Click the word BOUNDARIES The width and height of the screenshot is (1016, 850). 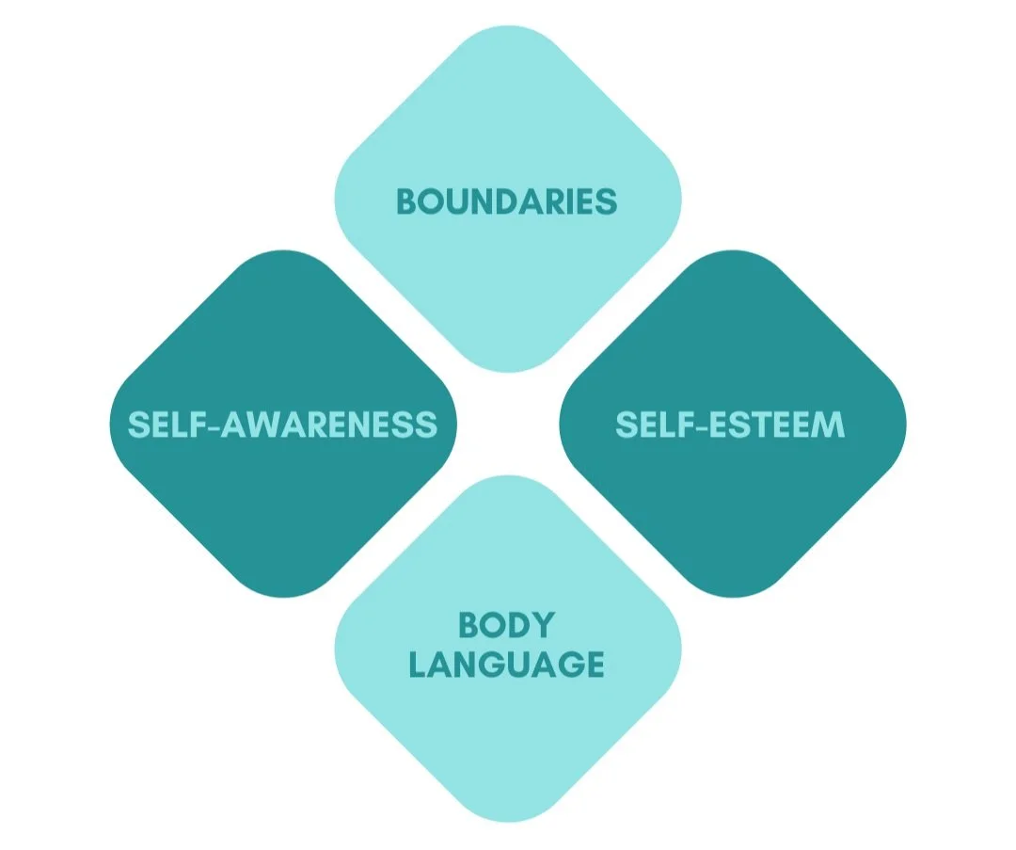click(507, 201)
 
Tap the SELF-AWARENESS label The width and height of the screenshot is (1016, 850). click(282, 425)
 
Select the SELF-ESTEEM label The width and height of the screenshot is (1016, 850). click(730, 425)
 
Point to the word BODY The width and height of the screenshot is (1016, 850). click(506, 625)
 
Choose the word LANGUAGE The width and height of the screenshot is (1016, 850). click(506, 665)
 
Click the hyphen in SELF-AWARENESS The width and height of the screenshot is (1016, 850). click(212, 425)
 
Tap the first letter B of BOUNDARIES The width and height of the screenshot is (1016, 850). click(406, 201)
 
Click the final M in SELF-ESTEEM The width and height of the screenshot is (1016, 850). click(829, 425)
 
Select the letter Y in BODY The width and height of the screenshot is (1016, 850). click(543, 625)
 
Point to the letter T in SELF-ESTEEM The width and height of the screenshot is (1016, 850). click(754, 425)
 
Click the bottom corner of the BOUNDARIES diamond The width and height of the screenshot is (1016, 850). click(508, 369)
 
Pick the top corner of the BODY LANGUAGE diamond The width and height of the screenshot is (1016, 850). click(508, 478)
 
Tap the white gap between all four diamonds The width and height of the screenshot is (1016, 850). click(508, 424)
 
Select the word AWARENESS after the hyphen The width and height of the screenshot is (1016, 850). click(329, 425)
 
